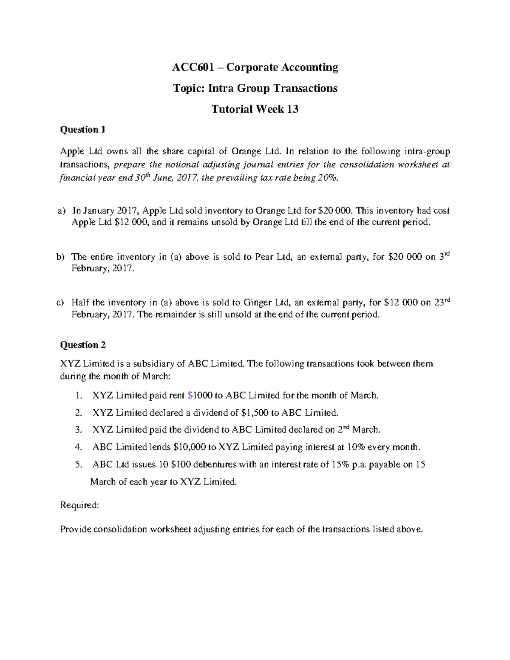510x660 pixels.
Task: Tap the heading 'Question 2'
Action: coord(83,345)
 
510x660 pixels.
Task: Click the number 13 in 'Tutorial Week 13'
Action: coord(292,109)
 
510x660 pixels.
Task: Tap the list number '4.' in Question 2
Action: coord(78,447)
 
